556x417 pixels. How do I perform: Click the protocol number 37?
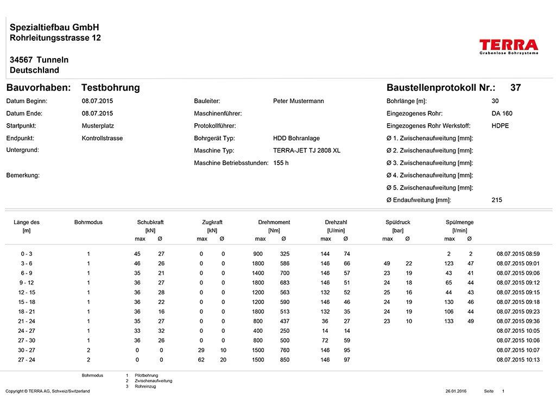[x=515, y=87]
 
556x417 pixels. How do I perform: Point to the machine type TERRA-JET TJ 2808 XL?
[x=307, y=150]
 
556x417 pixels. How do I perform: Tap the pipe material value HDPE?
[x=500, y=126]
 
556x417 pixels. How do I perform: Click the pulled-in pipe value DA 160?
[x=502, y=113]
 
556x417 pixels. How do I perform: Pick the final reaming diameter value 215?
[x=497, y=200]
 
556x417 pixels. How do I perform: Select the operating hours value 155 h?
[x=281, y=163]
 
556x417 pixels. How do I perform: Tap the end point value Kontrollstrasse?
[x=102, y=138]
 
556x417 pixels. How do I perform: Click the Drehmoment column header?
[x=274, y=222]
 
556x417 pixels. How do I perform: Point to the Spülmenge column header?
[x=459, y=222]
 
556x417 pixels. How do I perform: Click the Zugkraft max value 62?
[x=202, y=359]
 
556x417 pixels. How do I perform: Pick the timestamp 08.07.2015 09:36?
[x=518, y=321]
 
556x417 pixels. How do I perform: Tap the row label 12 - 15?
[x=27, y=292]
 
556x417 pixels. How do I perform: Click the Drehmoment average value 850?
[x=285, y=359]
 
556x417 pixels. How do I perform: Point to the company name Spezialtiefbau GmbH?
[x=54, y=27]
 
